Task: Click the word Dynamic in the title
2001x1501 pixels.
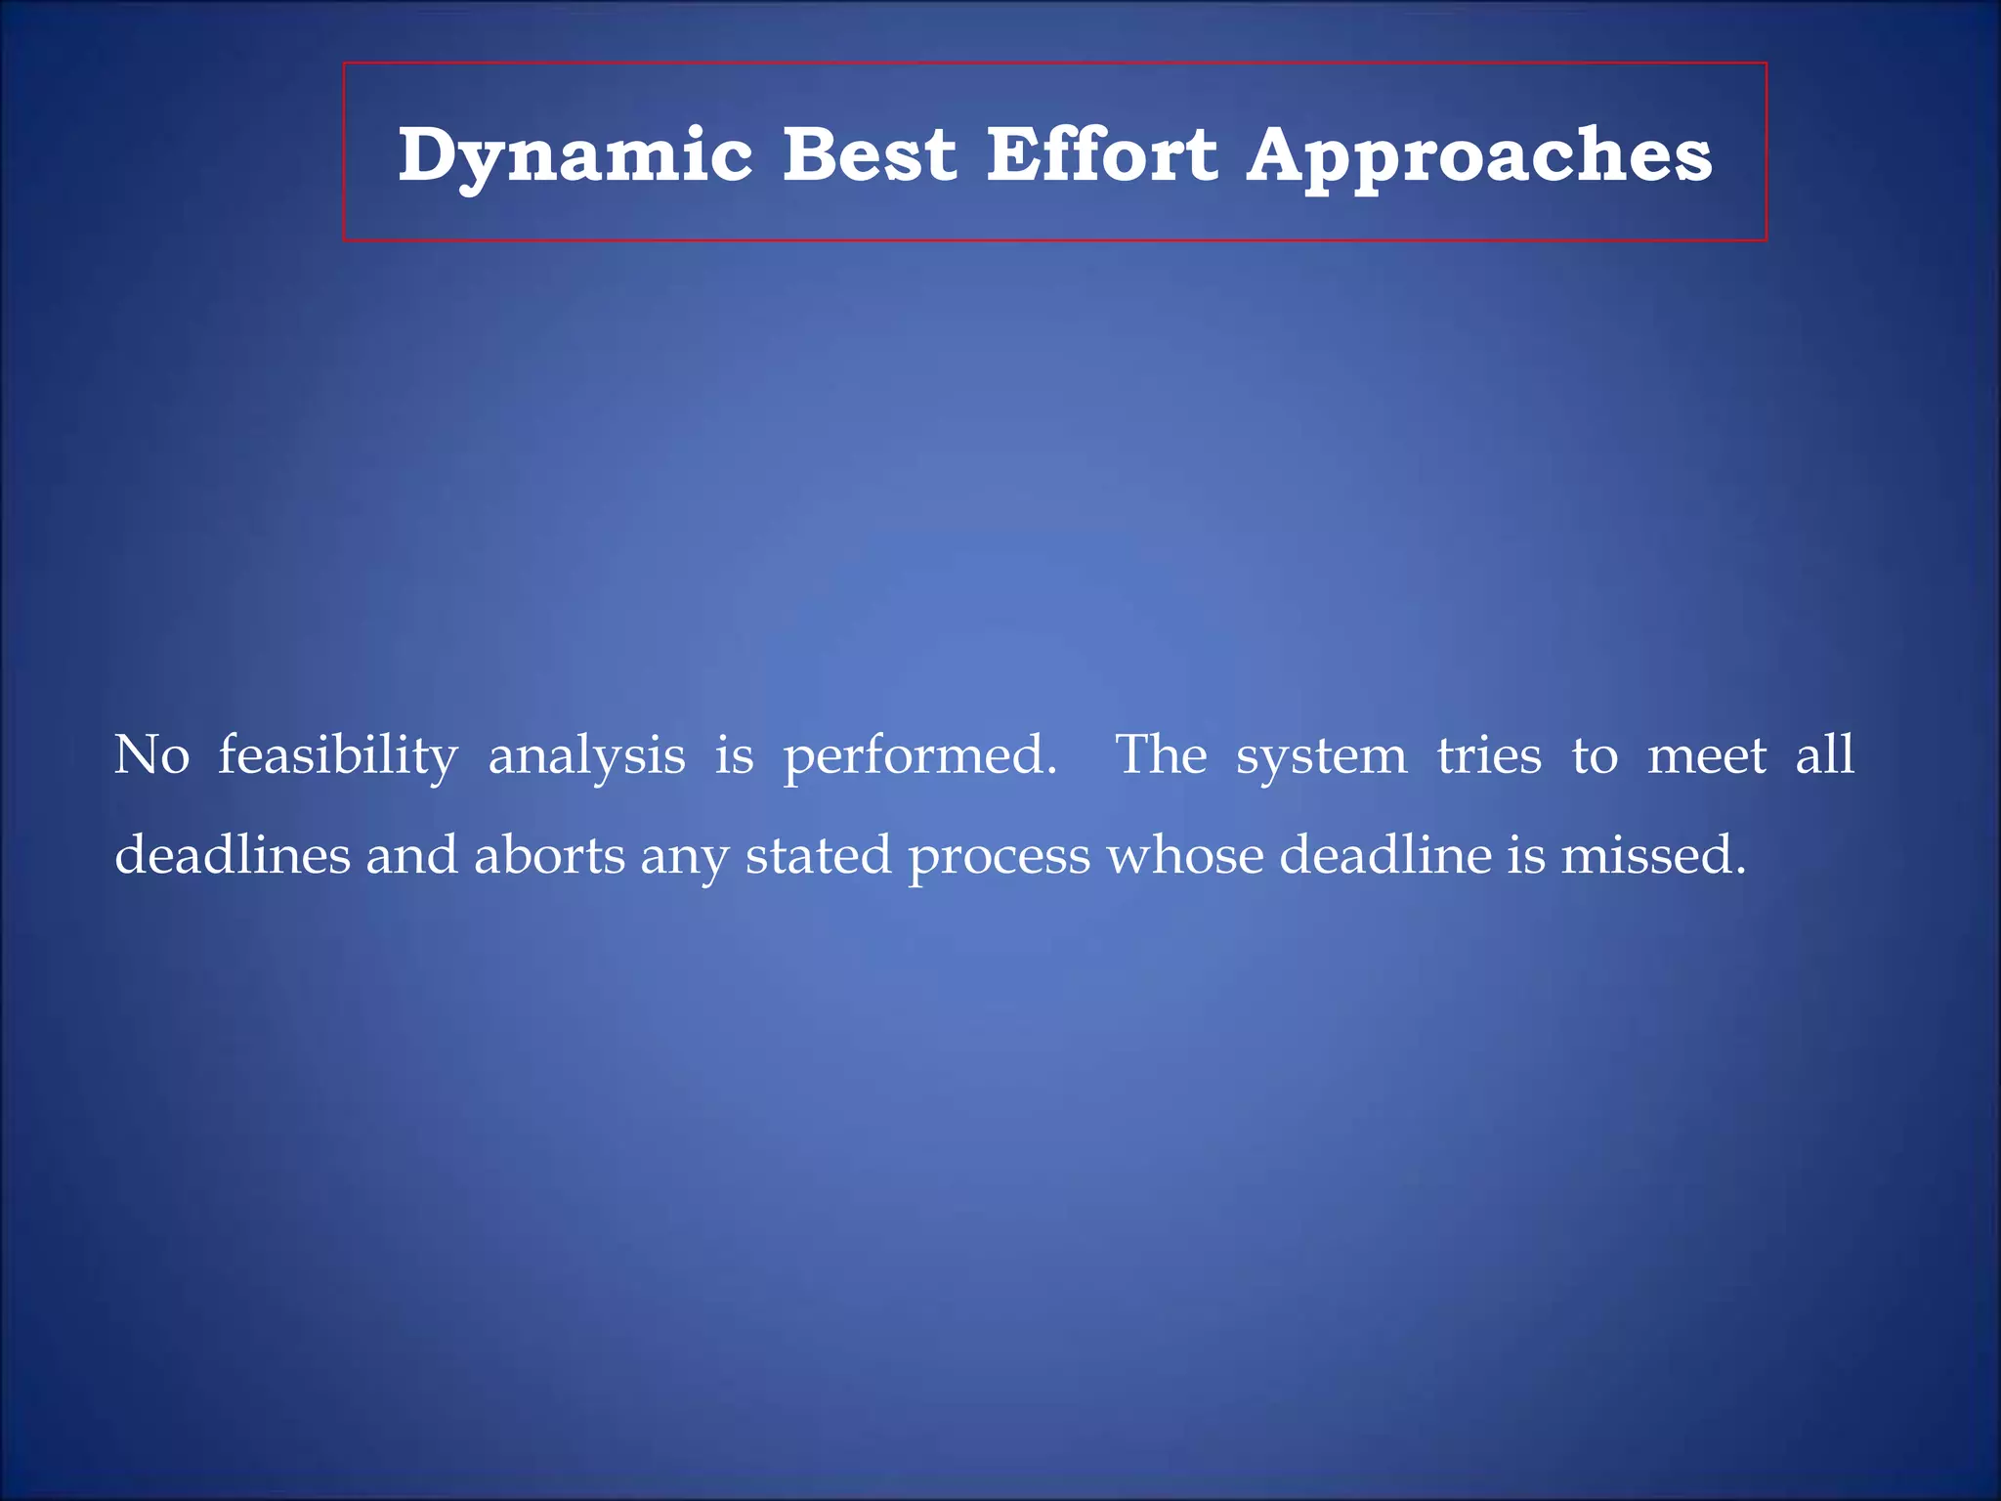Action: (x=575, y=156)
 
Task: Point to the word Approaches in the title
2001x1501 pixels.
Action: (x=1479, y=156)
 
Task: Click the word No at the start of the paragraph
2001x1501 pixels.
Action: (x=151, y=755)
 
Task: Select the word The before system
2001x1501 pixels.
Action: (x=1161, y=755)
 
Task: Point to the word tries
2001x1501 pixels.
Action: (x=1489, y=755)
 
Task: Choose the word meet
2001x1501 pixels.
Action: (x=1707, y=755)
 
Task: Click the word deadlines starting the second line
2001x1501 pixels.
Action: (x=233, y=855)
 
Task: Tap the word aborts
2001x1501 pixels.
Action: (x=549, y=855)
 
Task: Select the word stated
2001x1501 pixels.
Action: (x=818, y=855)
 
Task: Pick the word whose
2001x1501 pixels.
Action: (x=1184, y=855)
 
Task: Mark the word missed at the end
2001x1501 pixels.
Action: (x=1652, y=855)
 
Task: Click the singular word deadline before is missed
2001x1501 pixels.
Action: (x=1385, y=855)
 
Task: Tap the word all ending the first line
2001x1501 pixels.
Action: (x=1824, y=755)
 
